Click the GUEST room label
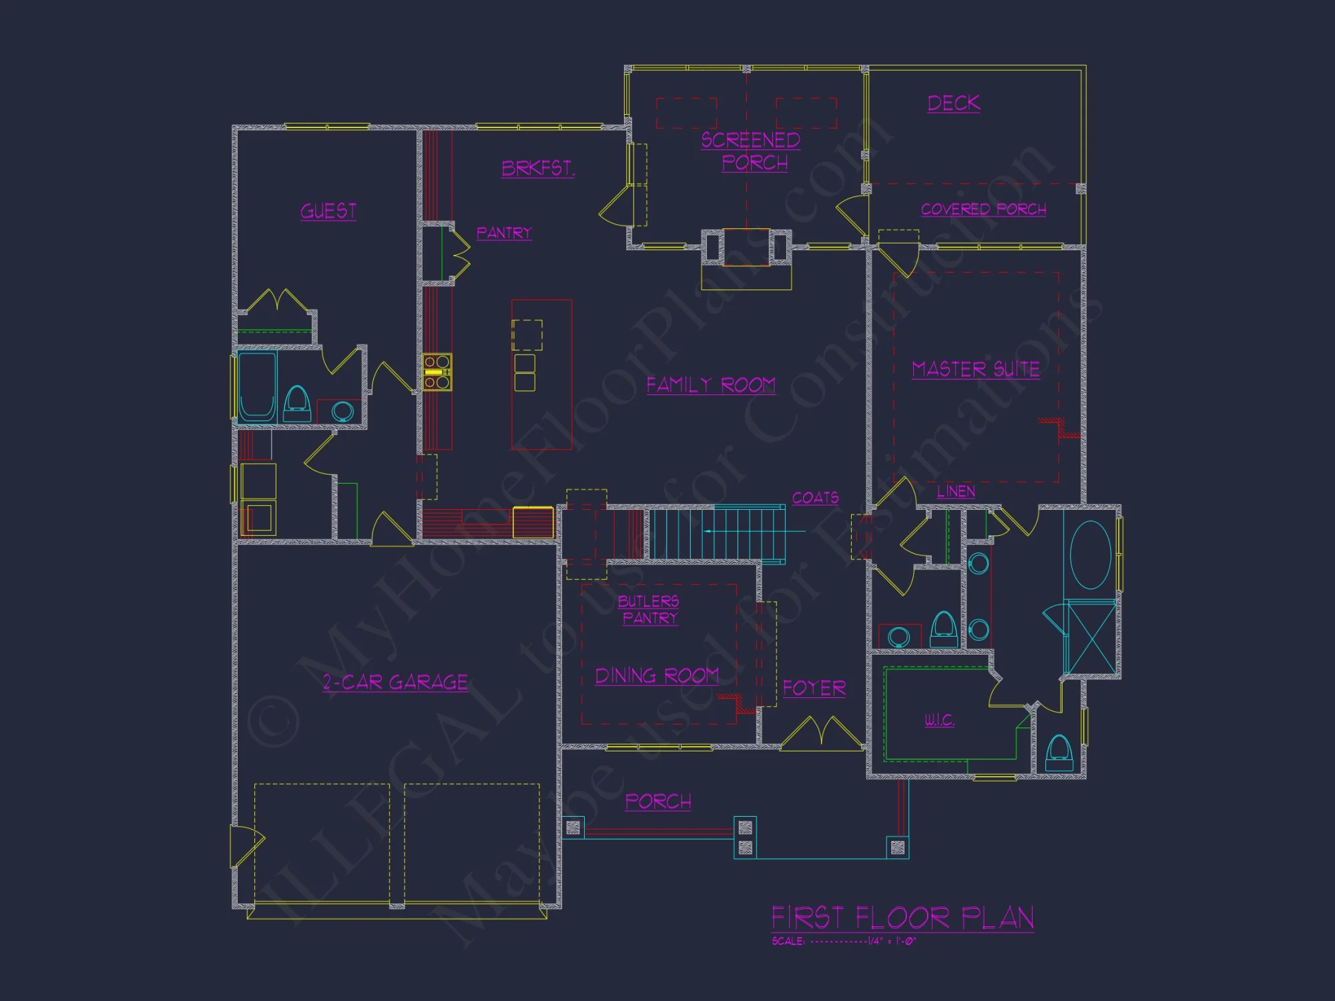click(x=328, y=212)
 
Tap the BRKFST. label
click(x=538, y=168)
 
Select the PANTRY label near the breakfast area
click(x=504, y=233)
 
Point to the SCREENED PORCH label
click(x=752, y=151)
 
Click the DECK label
click(x=954, y=103)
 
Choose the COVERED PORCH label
click(x=983, y=210)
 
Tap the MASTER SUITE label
click(x=976, y=370)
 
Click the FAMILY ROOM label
click(x=711, y=385)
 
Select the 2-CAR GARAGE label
click(x=395, y=682)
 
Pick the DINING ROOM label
click(x=657, y=676)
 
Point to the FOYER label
click(x=814, y=689)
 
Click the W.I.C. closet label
click(x=939, y=720)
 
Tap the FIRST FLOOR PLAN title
click(x=902, y=918)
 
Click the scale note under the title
click(x=844, y=942)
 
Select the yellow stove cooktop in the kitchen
click(x=437, y=372)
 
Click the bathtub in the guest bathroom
click(x=257, y=386)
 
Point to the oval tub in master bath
click(x=1090, y=555)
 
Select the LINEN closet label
click(x=956, y=492)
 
